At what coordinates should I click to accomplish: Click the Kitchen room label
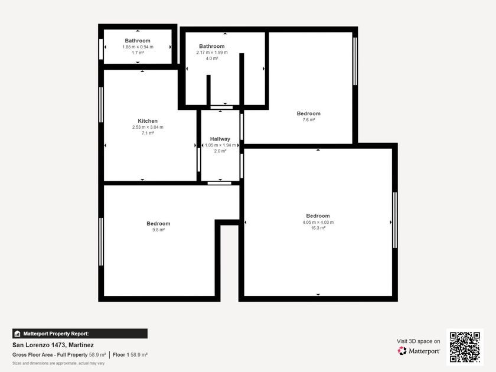[x=148, y=121]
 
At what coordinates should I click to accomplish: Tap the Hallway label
[x=220, y=139]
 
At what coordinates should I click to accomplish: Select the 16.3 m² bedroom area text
[x=318, y=228]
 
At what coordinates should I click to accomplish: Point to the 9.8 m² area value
[x=158, y=230]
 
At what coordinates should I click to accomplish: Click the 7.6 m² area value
[x=309, y=119]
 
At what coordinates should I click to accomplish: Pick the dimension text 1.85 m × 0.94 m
[x=138, y=47]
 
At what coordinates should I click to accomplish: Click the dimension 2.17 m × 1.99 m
[x=212, y=53]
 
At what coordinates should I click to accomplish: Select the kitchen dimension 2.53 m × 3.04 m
[x=148, y=127]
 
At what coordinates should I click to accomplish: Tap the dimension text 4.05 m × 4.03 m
[x=318, y=222]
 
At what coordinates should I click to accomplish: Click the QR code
[x=465, y=347]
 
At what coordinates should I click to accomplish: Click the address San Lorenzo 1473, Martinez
[x=53, y=345]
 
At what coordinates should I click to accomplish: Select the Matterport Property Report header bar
[x=80, y=334]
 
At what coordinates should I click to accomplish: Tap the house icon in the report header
[x=17, y=334]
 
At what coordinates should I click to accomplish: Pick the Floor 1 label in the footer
[x=121, y=355]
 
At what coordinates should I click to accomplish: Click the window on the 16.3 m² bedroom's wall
[x=395, y=220]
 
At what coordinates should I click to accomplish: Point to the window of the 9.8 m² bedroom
[x=101, y=242]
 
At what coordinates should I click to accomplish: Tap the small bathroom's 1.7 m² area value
[x=138, y=53]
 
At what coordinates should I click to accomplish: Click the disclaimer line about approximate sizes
[x=58, y=363]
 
